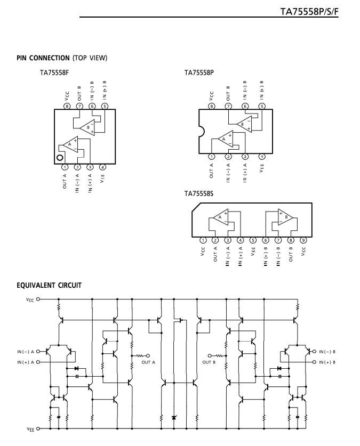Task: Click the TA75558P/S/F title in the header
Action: [309, 12]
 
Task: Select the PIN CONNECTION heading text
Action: [43, 58]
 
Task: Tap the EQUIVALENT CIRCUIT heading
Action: [49, 285]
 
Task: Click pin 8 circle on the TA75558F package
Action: [67, 107]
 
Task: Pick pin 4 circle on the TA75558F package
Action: [103, 167]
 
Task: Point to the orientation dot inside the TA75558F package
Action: [60, 158]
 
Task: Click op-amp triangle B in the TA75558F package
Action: [87, 127]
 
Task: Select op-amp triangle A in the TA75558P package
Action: [226, 139]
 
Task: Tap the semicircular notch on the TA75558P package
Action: [202, 132]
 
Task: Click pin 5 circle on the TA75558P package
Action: [262, 107]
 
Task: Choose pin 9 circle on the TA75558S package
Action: [303, 240]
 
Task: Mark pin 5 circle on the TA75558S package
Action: [253, 240]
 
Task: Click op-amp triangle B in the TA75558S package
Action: [285, 217]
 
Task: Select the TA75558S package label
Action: [198, 194]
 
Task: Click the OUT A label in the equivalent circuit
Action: [148, 362]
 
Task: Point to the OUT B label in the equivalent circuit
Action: [209, 362]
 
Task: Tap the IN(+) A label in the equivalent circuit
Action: [26, 362]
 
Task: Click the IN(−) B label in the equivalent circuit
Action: [327, 352]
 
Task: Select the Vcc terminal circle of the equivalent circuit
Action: [38, 299]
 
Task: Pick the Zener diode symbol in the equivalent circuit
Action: [174, 418]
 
